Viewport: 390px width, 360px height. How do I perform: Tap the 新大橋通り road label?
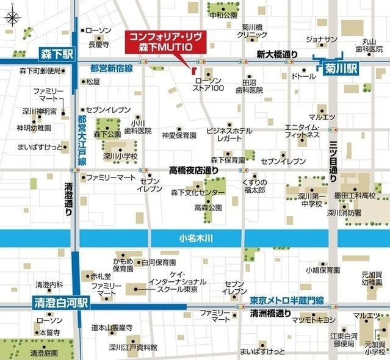277,54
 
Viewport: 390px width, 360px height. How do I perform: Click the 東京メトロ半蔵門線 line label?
286,300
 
